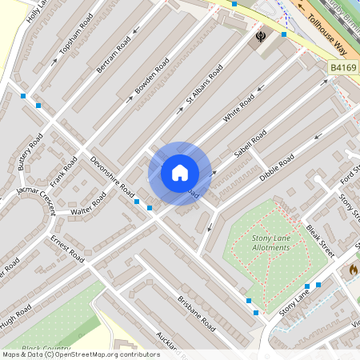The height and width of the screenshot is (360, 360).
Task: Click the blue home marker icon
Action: (x=180, y=173)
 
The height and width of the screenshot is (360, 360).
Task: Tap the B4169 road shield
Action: (x=342, y=71)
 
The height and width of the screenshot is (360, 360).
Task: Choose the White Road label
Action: (x=238, y=108)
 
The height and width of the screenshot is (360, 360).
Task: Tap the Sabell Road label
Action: (x=250, y=142)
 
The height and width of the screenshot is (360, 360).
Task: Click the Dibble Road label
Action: (x=277, y=166)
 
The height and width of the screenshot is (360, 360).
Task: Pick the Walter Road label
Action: (x=87, y=205)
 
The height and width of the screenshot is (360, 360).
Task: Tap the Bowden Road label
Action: (x=151, y=76)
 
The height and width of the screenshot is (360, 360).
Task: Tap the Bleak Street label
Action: (x=320, y=239)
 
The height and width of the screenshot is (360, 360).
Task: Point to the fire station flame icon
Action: (x=353, y=270)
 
